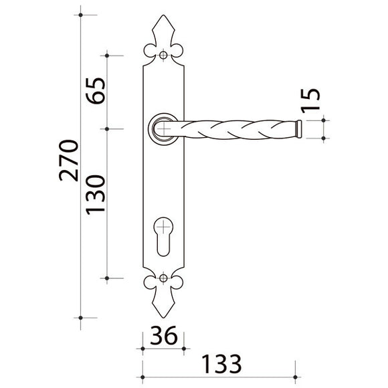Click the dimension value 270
point(69,161)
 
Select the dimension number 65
point(96,91)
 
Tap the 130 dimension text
point(96,195)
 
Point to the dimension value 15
point(310,101)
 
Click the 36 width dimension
point(164,335)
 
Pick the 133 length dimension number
point(221,364)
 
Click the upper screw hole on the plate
point(163,55)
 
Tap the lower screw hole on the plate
point(163,278)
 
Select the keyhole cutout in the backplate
point(163,237)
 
